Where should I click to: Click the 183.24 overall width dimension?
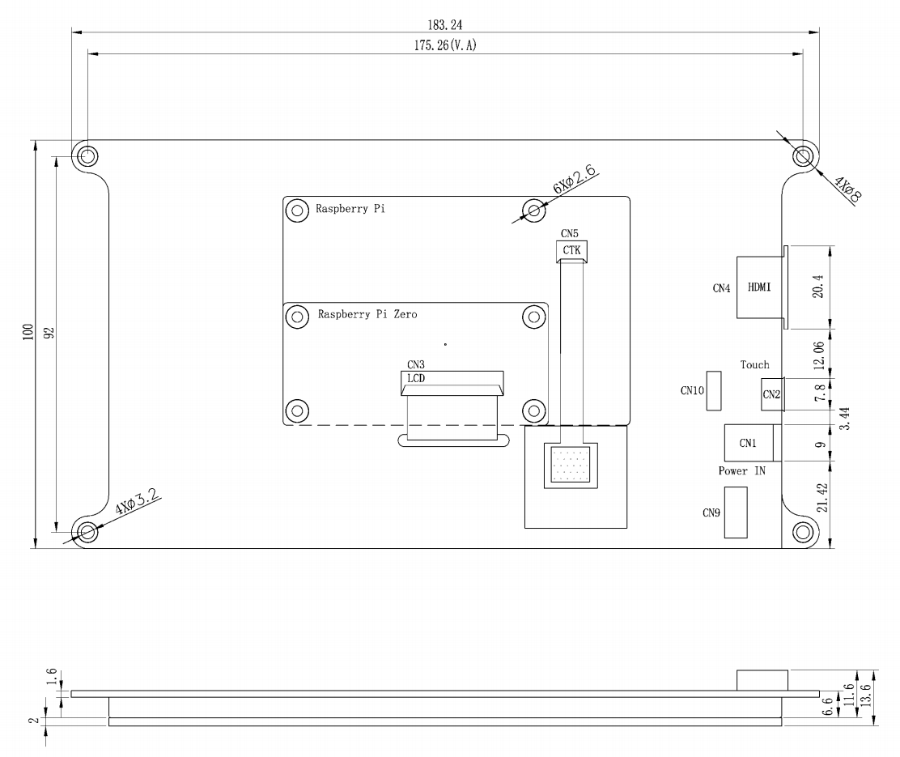(445, 25)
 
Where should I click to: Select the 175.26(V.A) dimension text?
(444, 45)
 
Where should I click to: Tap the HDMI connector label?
(759, 287)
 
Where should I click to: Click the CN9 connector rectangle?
(735, 512)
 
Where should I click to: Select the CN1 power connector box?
(748, 443)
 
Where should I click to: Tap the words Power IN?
(741, 470)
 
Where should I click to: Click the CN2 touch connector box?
(771, 394)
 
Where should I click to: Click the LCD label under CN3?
(417, 378)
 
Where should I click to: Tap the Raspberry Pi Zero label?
(367, 314)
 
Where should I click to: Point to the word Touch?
(754, 365)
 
